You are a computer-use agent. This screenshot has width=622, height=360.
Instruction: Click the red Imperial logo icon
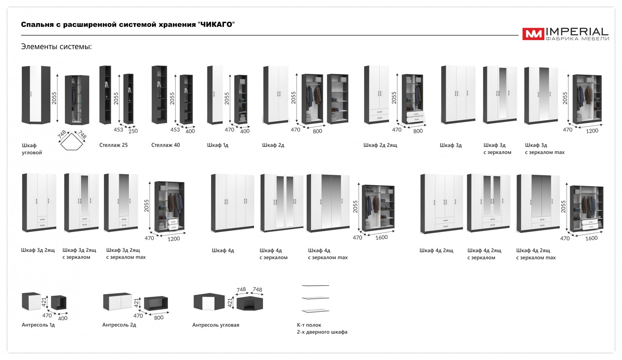pos(533,34)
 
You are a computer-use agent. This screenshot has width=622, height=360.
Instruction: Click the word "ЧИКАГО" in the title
pos(216,25)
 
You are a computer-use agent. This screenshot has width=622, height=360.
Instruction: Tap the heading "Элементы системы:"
pos(56,47)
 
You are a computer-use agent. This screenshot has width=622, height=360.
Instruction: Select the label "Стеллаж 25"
pos(113,145)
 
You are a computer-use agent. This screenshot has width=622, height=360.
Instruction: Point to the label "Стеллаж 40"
pos(166,145)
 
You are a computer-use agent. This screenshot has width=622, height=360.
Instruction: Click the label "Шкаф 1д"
pos(218,145)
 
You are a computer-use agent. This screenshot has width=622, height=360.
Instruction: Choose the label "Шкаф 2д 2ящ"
pos(380,145)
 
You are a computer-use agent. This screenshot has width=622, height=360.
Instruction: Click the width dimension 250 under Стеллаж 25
pos(133,131)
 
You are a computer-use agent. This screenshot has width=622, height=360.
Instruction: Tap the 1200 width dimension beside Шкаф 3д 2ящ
pos(173,239)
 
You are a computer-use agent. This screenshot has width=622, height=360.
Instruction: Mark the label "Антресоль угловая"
pos(216,325)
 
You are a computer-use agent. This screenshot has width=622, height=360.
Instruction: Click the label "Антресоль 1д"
pos(38,325)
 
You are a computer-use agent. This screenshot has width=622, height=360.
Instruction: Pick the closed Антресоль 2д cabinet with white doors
pos(117,302)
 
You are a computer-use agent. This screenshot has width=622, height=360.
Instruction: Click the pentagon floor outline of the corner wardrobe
pos(72,142)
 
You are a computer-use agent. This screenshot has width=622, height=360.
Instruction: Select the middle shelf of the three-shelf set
pos(315,298)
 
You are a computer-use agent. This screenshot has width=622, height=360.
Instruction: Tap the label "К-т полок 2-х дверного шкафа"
pos(322,329)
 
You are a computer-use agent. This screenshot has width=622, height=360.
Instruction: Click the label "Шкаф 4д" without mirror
pos(223,250)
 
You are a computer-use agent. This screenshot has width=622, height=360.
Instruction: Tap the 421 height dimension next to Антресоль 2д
pos(136,303)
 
